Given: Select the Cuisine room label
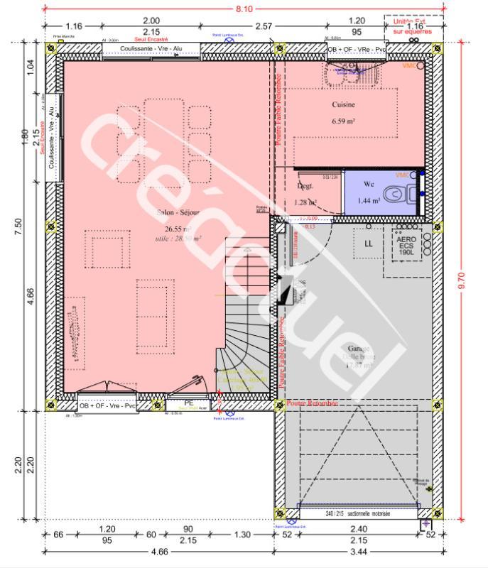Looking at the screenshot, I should (x=343, y=104).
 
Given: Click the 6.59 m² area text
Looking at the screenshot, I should (x=343, y=121).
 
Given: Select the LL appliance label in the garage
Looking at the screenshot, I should (x=369, y=244).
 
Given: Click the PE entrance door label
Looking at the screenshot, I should (x=189, y=403).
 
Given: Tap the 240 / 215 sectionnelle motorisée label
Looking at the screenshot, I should (x=357, y=513).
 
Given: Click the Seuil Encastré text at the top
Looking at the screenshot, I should (x=146, y=40).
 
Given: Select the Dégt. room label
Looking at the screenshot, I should (x=305, y=185).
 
